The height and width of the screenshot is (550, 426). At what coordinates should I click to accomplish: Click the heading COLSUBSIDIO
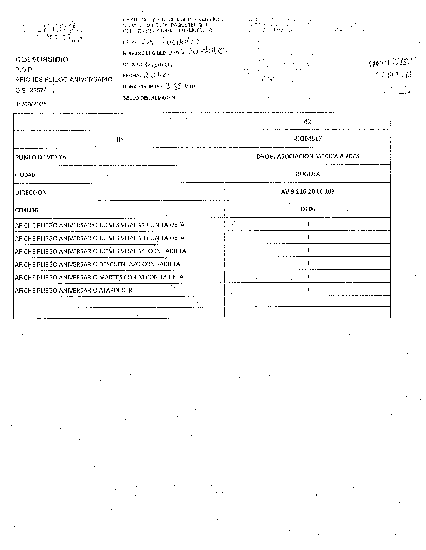42,59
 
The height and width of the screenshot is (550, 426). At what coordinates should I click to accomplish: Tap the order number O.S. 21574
31,90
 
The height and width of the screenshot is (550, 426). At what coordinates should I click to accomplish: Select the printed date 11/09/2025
31,104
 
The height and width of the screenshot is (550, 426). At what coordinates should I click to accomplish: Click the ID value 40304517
308,139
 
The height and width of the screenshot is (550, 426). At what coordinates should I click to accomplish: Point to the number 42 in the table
307,121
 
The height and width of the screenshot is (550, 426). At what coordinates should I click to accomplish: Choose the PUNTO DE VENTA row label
41,157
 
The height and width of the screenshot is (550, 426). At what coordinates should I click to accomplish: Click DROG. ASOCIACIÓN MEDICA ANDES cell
308,156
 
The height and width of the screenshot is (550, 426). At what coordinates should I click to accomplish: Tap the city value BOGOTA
308,174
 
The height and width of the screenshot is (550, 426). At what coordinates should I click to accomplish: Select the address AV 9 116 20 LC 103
308,191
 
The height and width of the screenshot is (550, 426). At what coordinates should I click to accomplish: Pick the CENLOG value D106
308,209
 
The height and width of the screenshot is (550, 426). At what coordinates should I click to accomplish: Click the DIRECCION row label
31,193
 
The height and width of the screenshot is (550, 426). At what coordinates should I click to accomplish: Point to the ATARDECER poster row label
73,290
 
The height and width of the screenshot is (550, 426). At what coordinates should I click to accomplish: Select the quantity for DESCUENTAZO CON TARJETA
308,263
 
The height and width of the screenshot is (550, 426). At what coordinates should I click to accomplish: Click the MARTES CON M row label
99,277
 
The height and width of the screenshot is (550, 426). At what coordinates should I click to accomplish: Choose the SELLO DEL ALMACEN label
149,98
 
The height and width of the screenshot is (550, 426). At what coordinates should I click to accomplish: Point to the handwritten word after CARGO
159,64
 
